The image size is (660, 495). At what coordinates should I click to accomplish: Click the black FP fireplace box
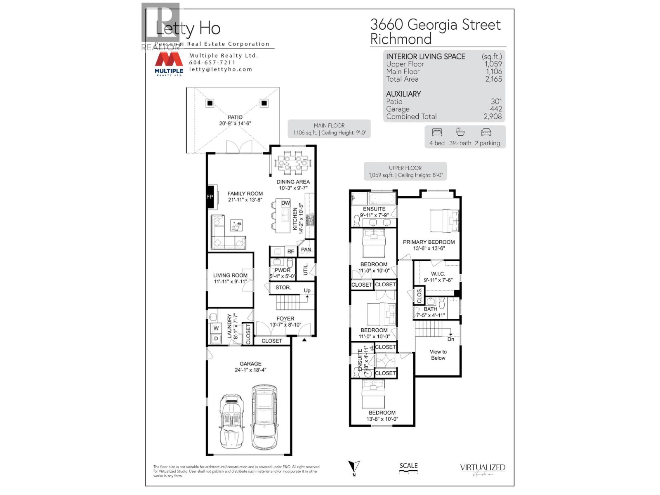point(210,197)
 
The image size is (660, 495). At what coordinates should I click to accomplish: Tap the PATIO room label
point(235,117)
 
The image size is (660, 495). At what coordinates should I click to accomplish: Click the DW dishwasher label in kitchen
point(285,203)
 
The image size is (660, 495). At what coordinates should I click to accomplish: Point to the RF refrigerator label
point(290,251)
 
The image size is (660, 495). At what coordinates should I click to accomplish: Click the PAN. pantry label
point(306,250)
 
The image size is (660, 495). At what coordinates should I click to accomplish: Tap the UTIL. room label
point(306,269)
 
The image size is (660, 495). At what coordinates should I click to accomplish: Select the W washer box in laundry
point(215,328)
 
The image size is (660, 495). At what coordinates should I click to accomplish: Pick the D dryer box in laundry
point(215,339)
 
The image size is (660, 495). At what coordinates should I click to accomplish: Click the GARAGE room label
point(250,364)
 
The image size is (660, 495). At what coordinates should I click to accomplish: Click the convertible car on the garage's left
point(231,421)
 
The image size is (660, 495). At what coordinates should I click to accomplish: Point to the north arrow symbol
point(354,467)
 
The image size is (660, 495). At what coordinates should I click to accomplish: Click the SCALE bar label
point(408,466)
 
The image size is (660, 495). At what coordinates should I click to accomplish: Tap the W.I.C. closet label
point(438,273)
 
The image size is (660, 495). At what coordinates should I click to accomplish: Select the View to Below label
point(438,355)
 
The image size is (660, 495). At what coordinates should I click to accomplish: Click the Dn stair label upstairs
point(450,339)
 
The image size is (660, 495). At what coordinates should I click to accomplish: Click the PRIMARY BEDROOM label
point(429,242)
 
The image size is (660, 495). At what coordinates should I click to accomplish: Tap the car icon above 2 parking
point(486,132)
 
